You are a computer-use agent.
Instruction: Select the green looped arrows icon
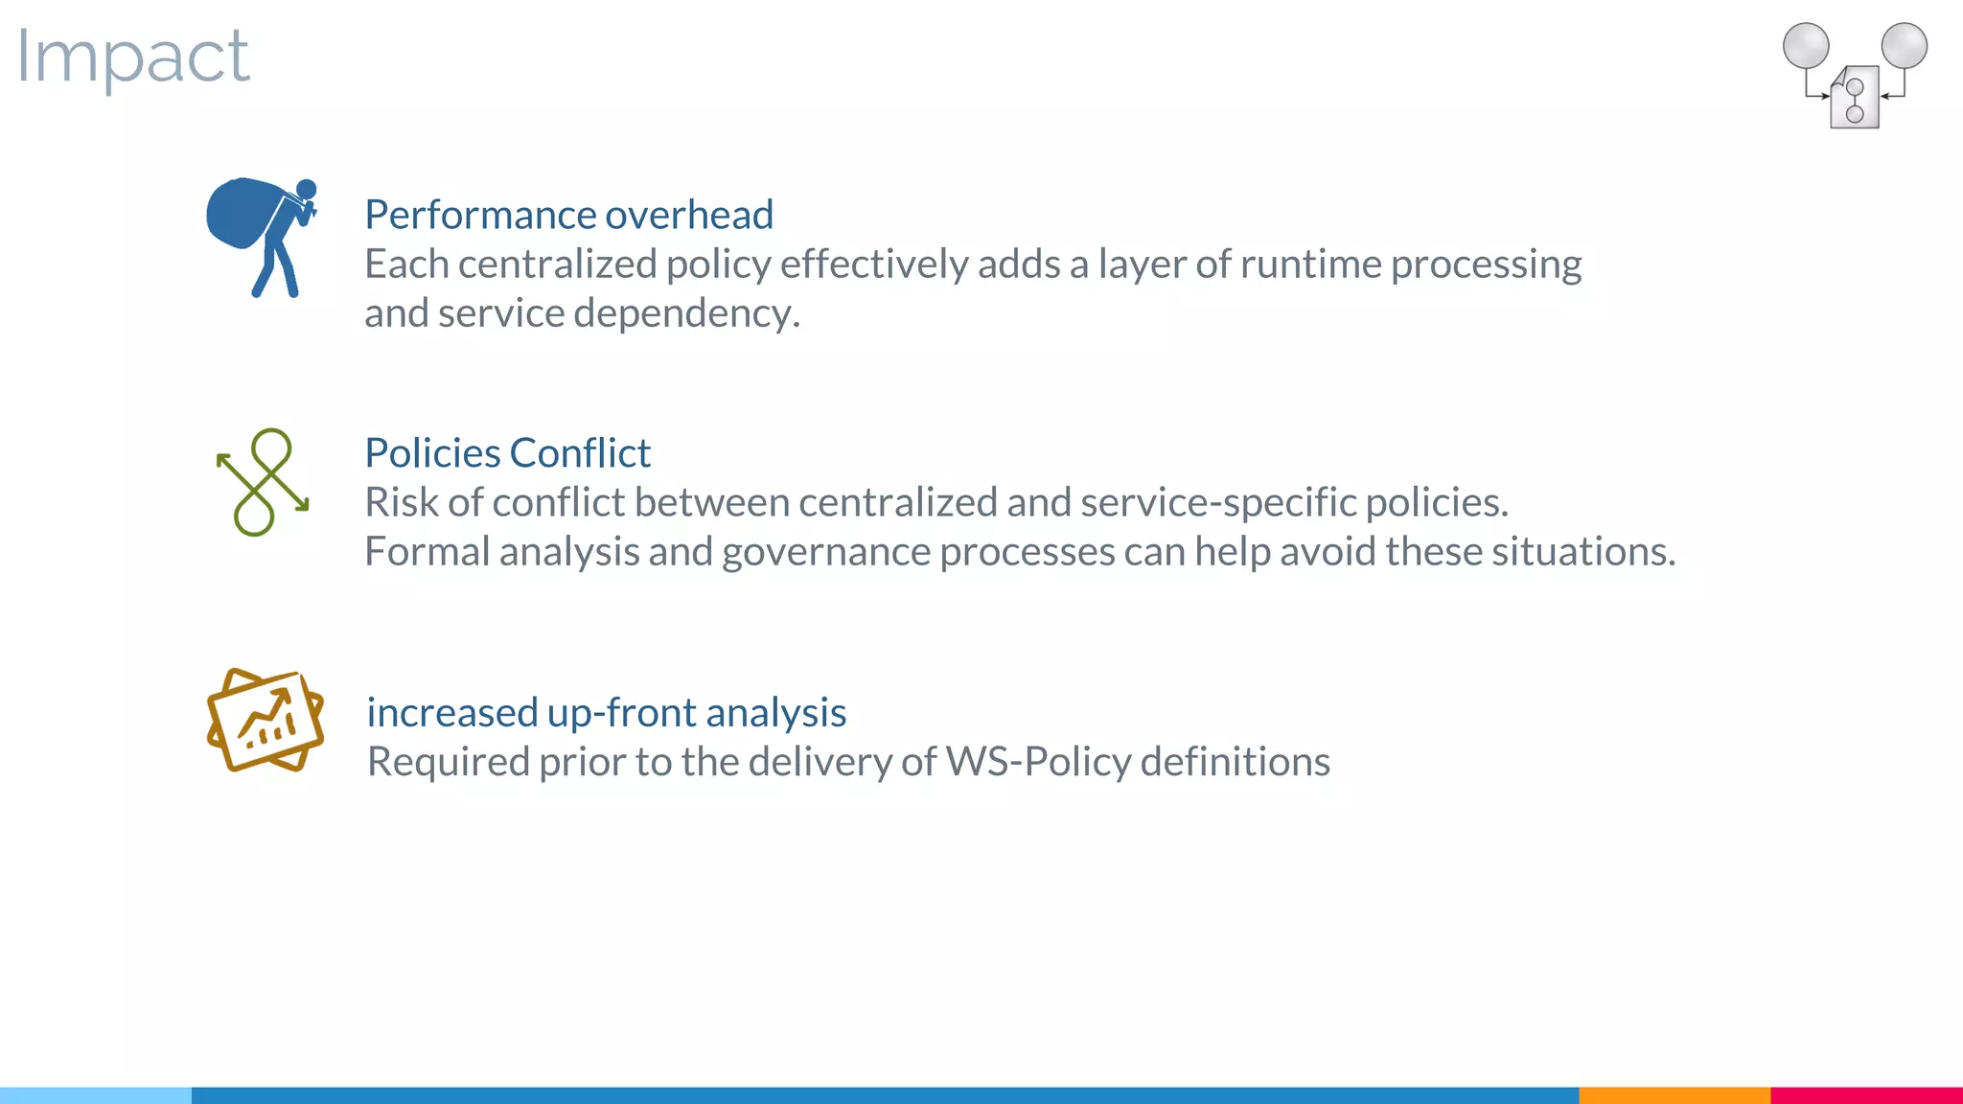(263, 482)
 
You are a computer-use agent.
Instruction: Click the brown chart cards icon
(266, 720)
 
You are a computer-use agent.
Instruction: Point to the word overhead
(689, 215)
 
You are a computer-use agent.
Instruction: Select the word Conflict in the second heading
(580, 453)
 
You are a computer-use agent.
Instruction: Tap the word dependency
(686, 313)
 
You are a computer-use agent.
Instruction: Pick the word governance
(822, 552)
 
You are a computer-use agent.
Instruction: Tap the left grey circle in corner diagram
(1806, 46)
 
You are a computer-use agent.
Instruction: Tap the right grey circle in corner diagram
(1904, 46)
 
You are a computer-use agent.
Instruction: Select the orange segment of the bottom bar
(1674, 1095)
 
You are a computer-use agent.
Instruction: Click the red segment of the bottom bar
(1866, 1095)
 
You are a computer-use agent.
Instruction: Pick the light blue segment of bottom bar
(96, 1095)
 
